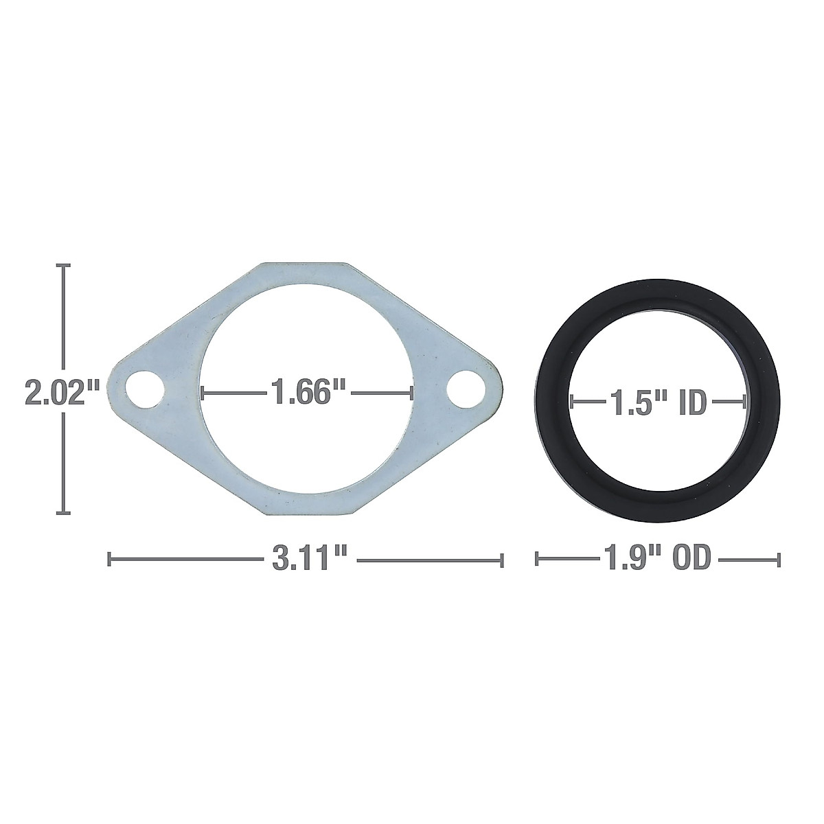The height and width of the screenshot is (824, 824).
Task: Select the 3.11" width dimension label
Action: tap(307, 560)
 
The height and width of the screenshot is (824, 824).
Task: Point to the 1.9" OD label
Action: tap(657, 560)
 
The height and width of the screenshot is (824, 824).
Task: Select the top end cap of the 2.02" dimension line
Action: tap(64, 265)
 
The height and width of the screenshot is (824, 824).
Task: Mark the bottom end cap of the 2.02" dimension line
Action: tap(64, 512)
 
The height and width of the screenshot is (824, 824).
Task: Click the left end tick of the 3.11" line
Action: tap(109, 560)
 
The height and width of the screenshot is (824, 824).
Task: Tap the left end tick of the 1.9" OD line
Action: tap(537, 560)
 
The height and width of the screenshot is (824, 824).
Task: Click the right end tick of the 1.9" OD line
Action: tap(779, 560)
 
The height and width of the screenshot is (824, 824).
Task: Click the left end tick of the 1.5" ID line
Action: tap(571, 403)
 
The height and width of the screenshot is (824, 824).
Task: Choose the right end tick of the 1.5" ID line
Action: tap(746, 403)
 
